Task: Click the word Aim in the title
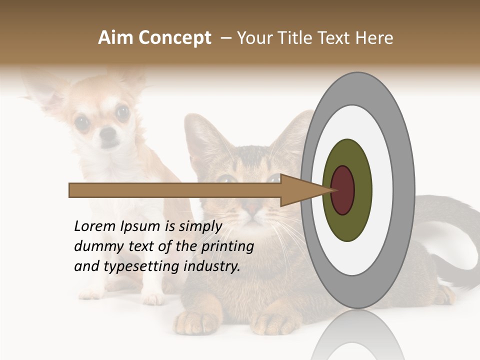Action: tap(115, 38)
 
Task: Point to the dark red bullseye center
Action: tap(342, 190)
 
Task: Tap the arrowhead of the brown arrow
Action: tap(305, 190)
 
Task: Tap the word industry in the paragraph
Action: tap(212, 267)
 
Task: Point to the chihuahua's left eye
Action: tap(122, 113)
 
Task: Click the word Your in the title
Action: tap(253, 38)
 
